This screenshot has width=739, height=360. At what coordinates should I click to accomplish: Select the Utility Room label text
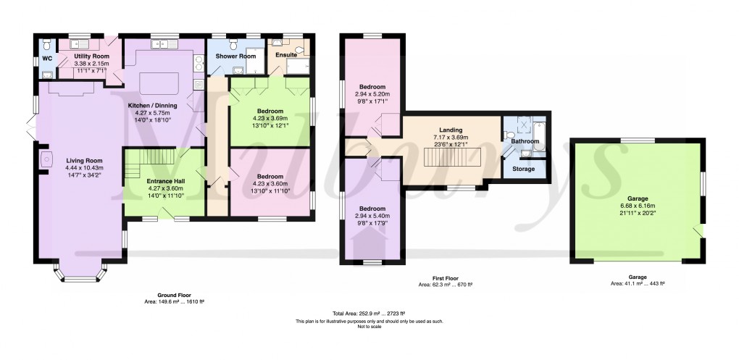[x=91, y=56]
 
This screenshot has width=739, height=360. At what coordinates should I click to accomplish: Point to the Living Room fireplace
[x=46, y=159]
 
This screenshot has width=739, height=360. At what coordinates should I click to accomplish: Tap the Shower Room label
[x=238, y=56]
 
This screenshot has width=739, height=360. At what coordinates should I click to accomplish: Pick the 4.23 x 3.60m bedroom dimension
[x=270, y=183]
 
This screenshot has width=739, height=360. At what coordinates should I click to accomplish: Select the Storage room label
[x=523, y=169]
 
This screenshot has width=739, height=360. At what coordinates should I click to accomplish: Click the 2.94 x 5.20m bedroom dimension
[x=372, y=94]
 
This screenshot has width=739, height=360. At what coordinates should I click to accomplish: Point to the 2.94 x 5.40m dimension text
[x=372, y=216]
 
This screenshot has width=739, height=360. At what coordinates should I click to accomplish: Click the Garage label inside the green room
[x=638, y=198]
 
